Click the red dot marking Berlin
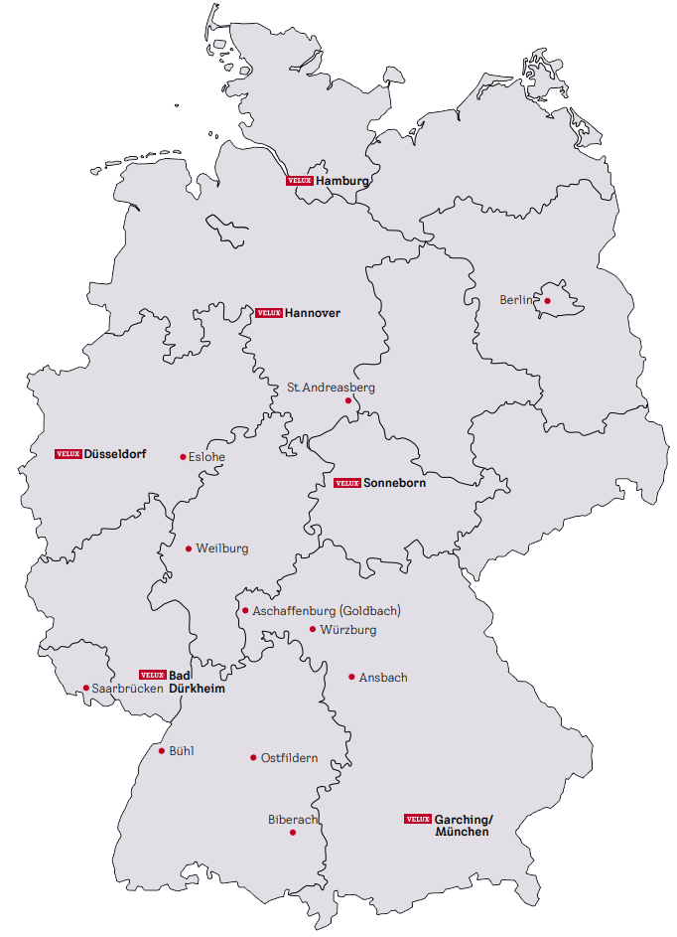point(546,299)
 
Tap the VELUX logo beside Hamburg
point(300,181)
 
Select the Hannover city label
point(313,313)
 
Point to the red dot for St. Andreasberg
point(348,401)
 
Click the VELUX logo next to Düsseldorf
point(68,453)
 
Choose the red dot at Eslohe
point(183,457)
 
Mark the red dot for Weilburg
point(189,548)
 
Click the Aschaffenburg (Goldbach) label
point(327,611)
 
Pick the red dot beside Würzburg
point(313,629)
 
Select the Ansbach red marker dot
point(351,678)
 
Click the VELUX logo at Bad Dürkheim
point(152,675)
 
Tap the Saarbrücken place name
point(127,689)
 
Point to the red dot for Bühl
point(162,751)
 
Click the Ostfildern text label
point(289,758)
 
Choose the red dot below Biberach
point(293,833)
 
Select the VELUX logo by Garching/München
point(417,819)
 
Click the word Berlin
point(516,299)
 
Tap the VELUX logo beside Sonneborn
point(346,483)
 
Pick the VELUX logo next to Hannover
point(269,313)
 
